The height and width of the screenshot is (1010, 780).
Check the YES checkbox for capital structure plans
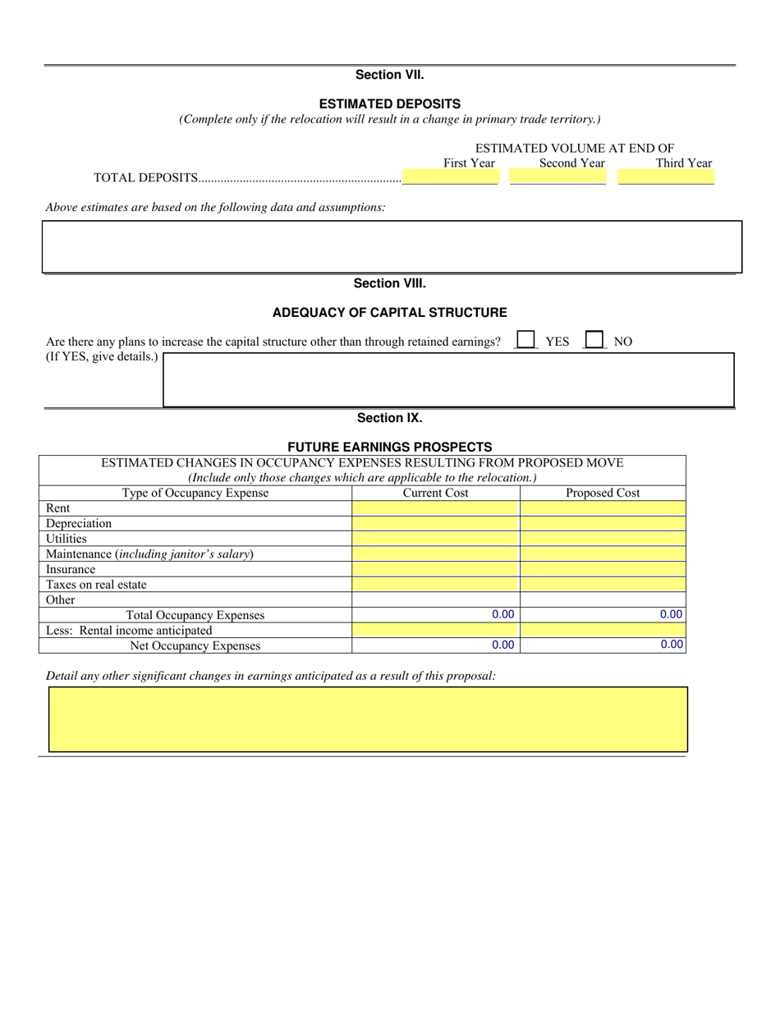(525, 340)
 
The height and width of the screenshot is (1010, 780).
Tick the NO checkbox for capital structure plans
(594, 340)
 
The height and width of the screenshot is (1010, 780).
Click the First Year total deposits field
(450, 177)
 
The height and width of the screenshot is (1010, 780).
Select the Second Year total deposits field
(557, 177)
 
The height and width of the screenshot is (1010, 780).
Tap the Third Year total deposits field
(666, 177)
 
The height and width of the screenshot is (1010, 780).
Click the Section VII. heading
(389, 75)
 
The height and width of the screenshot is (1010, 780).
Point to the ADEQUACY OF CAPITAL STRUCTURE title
(389, 313)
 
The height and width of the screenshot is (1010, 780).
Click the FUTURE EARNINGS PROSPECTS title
(389, 447)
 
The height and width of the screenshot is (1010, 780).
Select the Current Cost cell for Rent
(435, 508)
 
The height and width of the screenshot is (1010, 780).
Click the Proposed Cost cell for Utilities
(603, 539)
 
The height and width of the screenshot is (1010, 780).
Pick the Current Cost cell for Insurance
(435, 569)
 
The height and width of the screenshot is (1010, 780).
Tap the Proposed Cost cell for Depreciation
(603, 523)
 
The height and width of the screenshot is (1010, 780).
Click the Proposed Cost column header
(603, 493)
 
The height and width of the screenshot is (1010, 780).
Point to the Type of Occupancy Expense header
(195, 493)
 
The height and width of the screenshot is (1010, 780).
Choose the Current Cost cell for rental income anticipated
(435, 630)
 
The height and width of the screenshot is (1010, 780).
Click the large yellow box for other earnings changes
(368, 719)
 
